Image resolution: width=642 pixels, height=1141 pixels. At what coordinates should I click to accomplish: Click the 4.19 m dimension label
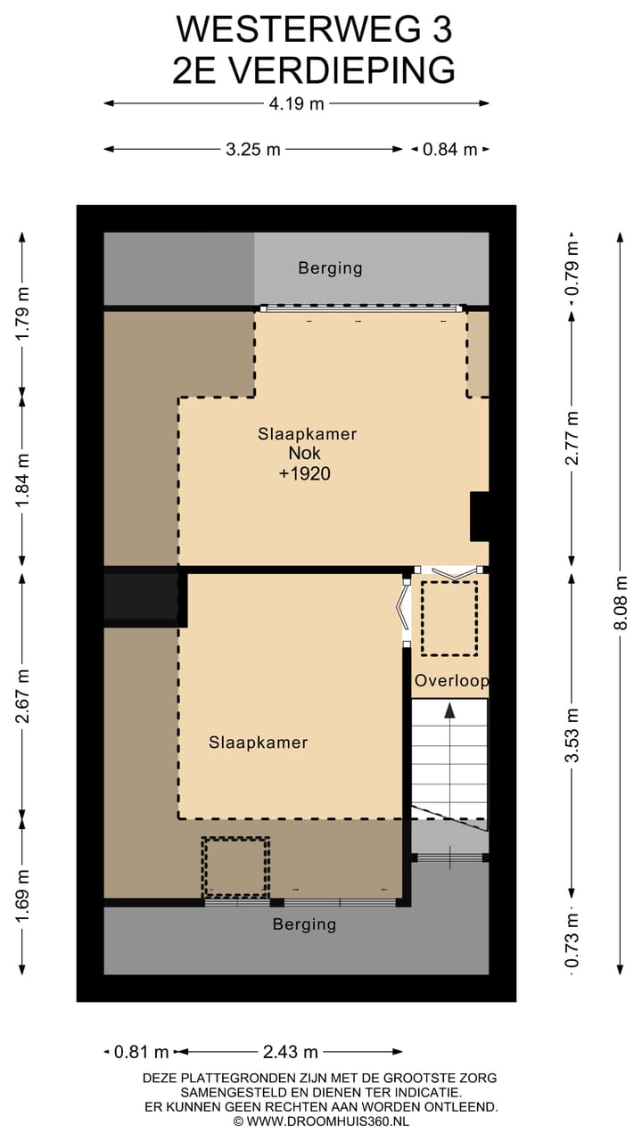click(x=297, y=103)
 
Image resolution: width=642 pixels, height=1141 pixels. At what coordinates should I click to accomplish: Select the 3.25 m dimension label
click(x=253, y=150)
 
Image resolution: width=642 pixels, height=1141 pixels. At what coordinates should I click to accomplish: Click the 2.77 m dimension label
click(x=572, y=438)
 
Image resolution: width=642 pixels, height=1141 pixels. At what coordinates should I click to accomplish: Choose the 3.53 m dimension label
click(x=572, y=735)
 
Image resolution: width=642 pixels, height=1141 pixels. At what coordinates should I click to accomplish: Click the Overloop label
click(x=451, y=681)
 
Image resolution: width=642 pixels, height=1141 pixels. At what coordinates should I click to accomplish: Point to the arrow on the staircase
click(x=450, y=712)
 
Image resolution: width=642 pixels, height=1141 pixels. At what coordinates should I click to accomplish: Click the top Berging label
click(x=330, y=267)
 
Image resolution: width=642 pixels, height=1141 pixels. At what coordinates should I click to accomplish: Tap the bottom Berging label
click(x=304, y=924)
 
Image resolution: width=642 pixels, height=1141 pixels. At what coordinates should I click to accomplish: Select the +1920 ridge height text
click(x=305, y=474)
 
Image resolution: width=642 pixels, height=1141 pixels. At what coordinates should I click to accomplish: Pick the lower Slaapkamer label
click(x=259, y=743)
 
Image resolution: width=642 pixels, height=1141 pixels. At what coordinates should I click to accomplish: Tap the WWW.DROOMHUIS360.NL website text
click(x=326, y=1120)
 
